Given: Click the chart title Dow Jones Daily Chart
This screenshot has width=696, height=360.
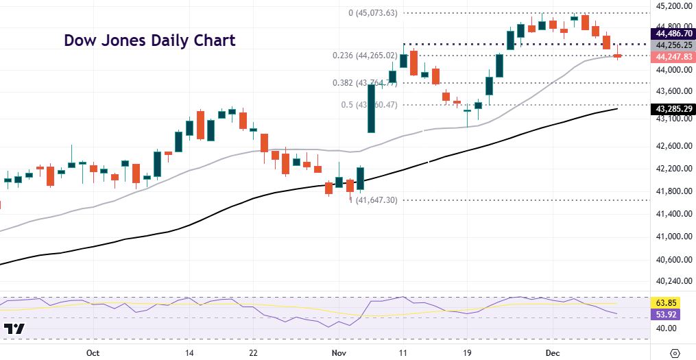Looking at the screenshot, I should pos(149,40).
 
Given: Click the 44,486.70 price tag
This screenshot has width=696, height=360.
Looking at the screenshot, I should pos(672,33).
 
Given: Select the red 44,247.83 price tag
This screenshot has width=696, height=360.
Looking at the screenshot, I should pos(672,56).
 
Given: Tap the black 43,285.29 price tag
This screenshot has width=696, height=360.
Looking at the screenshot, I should pos(672,108).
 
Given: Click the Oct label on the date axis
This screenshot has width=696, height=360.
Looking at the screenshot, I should pos(94,352).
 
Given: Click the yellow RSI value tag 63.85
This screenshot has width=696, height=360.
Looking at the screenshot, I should pos(672,302).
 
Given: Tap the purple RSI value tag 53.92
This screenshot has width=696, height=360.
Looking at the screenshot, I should pos(672,314).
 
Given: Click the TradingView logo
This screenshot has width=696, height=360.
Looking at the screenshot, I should pos(14,329).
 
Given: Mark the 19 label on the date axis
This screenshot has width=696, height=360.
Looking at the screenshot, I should pos(468,352).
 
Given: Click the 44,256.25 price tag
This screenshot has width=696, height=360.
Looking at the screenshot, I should pos(672,45).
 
